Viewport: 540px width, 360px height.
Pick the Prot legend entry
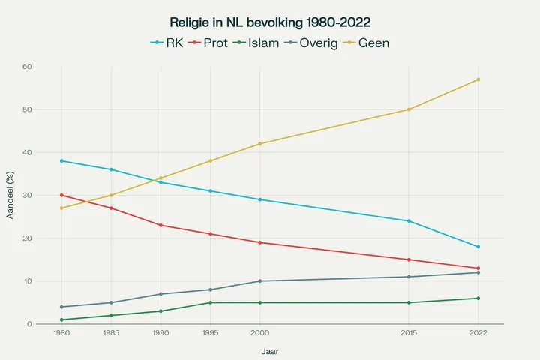[x=215, y=43]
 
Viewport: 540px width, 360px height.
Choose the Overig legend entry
[x=322, y=43]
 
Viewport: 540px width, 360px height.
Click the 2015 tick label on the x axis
[x=409, y=332]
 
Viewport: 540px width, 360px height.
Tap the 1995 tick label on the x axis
[x=210, y=332]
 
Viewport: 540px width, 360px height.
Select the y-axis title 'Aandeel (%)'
[x=10, y=195]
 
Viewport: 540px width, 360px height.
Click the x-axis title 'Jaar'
[x=270, y=350]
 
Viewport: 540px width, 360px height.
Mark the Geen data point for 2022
[x=478, y=79]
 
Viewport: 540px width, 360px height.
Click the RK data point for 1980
[x=61, y=161]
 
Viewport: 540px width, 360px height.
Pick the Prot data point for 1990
[x=160, y=225]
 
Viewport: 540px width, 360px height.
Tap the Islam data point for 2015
[x=409, y=302]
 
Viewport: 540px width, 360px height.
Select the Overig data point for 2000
[x=260, y=281]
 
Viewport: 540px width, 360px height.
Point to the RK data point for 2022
[x=478, y=247]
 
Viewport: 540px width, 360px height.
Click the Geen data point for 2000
[x=260, y=144]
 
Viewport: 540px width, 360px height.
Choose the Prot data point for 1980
[x=61, y=195]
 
